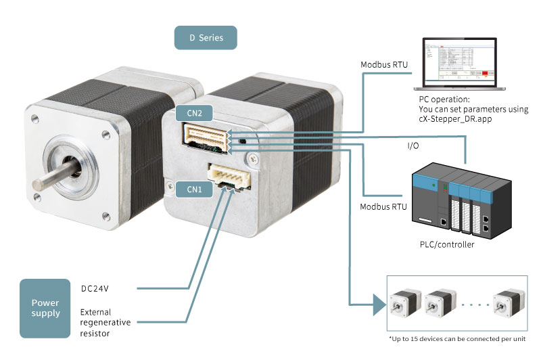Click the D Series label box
206,38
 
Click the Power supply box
45,308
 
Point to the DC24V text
95,289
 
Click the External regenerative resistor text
105,323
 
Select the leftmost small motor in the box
406,304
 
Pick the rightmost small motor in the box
509,304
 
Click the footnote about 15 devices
457,338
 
